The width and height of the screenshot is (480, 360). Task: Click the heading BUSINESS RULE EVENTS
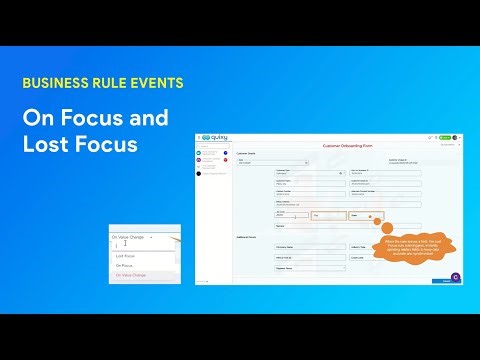tap(103, 83)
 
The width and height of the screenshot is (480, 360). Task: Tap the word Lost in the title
tap(45, 146)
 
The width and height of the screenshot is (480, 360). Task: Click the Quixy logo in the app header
tap(217, 137)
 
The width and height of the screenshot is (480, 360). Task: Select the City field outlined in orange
tap(328, 214)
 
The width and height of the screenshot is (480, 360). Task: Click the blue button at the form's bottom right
tap(447, 281)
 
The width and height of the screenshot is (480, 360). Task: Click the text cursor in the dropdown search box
tap(117, 245)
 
